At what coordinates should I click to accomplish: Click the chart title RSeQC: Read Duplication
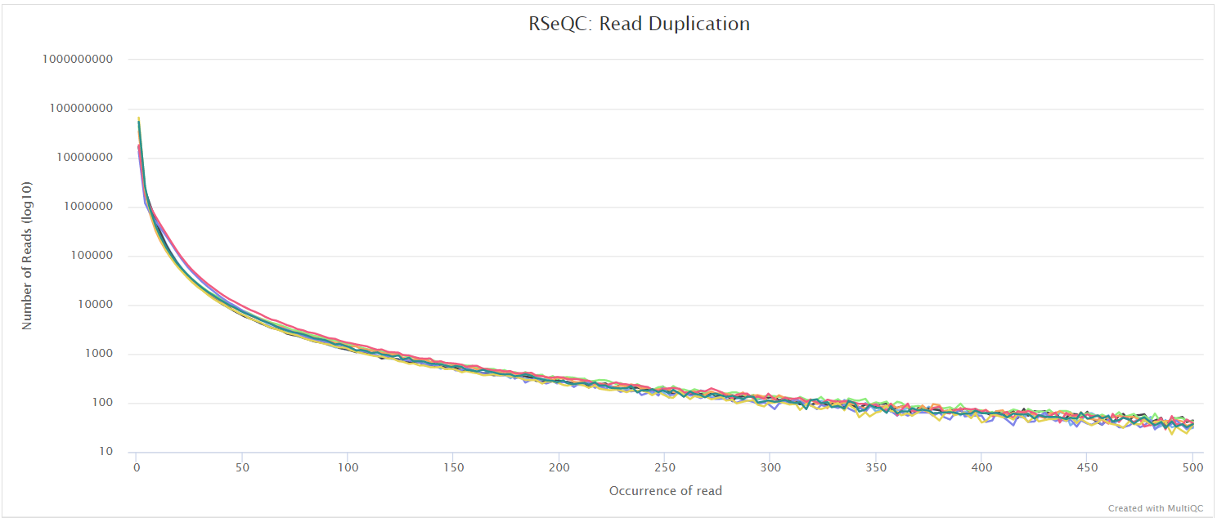click(x=639, y=24)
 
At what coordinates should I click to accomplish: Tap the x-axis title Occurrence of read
click(x=665, y=491)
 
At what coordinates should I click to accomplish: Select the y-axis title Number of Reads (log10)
click(x=27, y=255)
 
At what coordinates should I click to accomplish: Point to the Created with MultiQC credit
click(x=1155, y=508)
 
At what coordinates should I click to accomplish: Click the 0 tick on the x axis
click(x=137, y=467)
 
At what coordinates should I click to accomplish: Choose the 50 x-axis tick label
click(x=242, y=467)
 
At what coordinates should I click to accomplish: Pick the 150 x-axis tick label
click(x=453, y=467)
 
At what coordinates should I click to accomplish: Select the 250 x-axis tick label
click(x=665, y=467)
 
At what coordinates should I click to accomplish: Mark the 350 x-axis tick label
click(x=876, y=467)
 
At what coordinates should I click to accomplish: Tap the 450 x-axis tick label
click(x=1087, y=467)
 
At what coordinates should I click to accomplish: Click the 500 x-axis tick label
click(x=1192, y=467)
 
